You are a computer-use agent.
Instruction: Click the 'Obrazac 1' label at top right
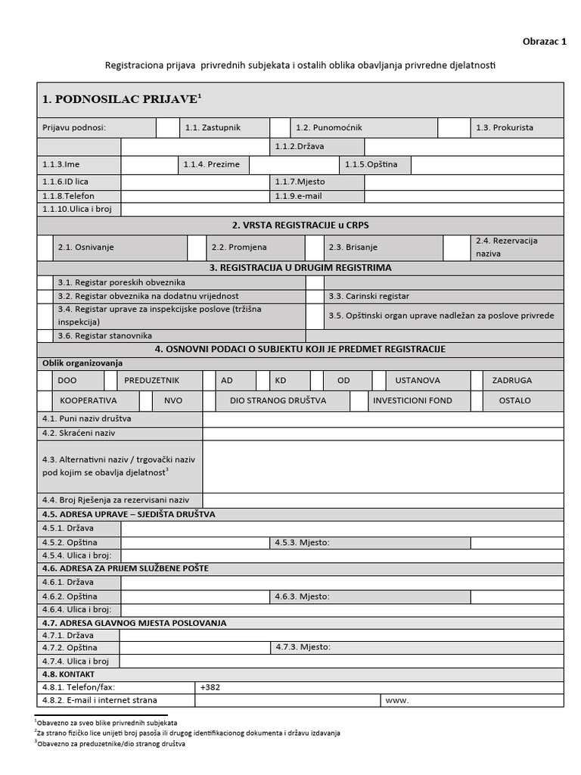click(544, 42)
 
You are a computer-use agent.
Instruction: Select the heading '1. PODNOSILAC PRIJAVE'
click(122, 99)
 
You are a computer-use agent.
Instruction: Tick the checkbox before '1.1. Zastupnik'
click(167, 128)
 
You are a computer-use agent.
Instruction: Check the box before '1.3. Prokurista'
click(454, 128)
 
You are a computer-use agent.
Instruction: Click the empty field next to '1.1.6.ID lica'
click(194, 182)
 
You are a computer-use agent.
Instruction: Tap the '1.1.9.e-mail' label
click(299, 195)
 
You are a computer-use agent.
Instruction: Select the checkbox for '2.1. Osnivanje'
click(45, 247)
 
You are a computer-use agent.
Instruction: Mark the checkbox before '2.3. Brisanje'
click(315, 247)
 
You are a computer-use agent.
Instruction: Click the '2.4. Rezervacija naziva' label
click(506, 247)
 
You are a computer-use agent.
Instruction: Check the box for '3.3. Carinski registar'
click(315, 296)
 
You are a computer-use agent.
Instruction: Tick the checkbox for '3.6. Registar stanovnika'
click(45, 335)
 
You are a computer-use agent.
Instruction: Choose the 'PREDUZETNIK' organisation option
click(151, 380)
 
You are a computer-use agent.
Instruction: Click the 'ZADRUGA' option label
click(511, 380)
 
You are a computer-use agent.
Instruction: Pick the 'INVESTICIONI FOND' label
click(412, 400)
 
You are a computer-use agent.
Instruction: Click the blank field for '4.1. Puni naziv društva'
click(382, 419)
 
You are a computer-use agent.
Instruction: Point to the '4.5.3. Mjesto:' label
click(303, 543)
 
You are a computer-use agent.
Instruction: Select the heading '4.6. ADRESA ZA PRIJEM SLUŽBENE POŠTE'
click(126, 568)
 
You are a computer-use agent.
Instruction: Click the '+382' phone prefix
click(211, 688)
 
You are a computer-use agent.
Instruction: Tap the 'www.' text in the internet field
click(397, 701)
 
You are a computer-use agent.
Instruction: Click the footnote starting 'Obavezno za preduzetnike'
click(112, 744)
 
